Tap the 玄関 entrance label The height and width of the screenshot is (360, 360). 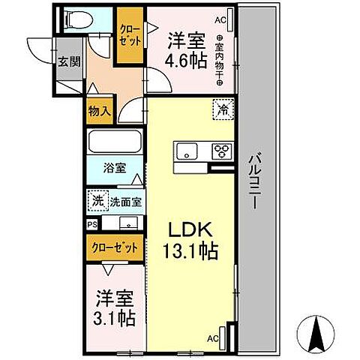(x=66, y=61)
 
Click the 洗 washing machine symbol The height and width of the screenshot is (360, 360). (x=97, y=201)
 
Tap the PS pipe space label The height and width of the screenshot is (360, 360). (x=92, y=223)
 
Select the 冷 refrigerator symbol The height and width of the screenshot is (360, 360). (x=222, y=109)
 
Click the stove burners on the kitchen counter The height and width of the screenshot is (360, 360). (x=223, y=151)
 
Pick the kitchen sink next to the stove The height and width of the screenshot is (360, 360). (x=187, y=151)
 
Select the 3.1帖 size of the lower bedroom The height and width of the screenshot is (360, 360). (x=115, y=318)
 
